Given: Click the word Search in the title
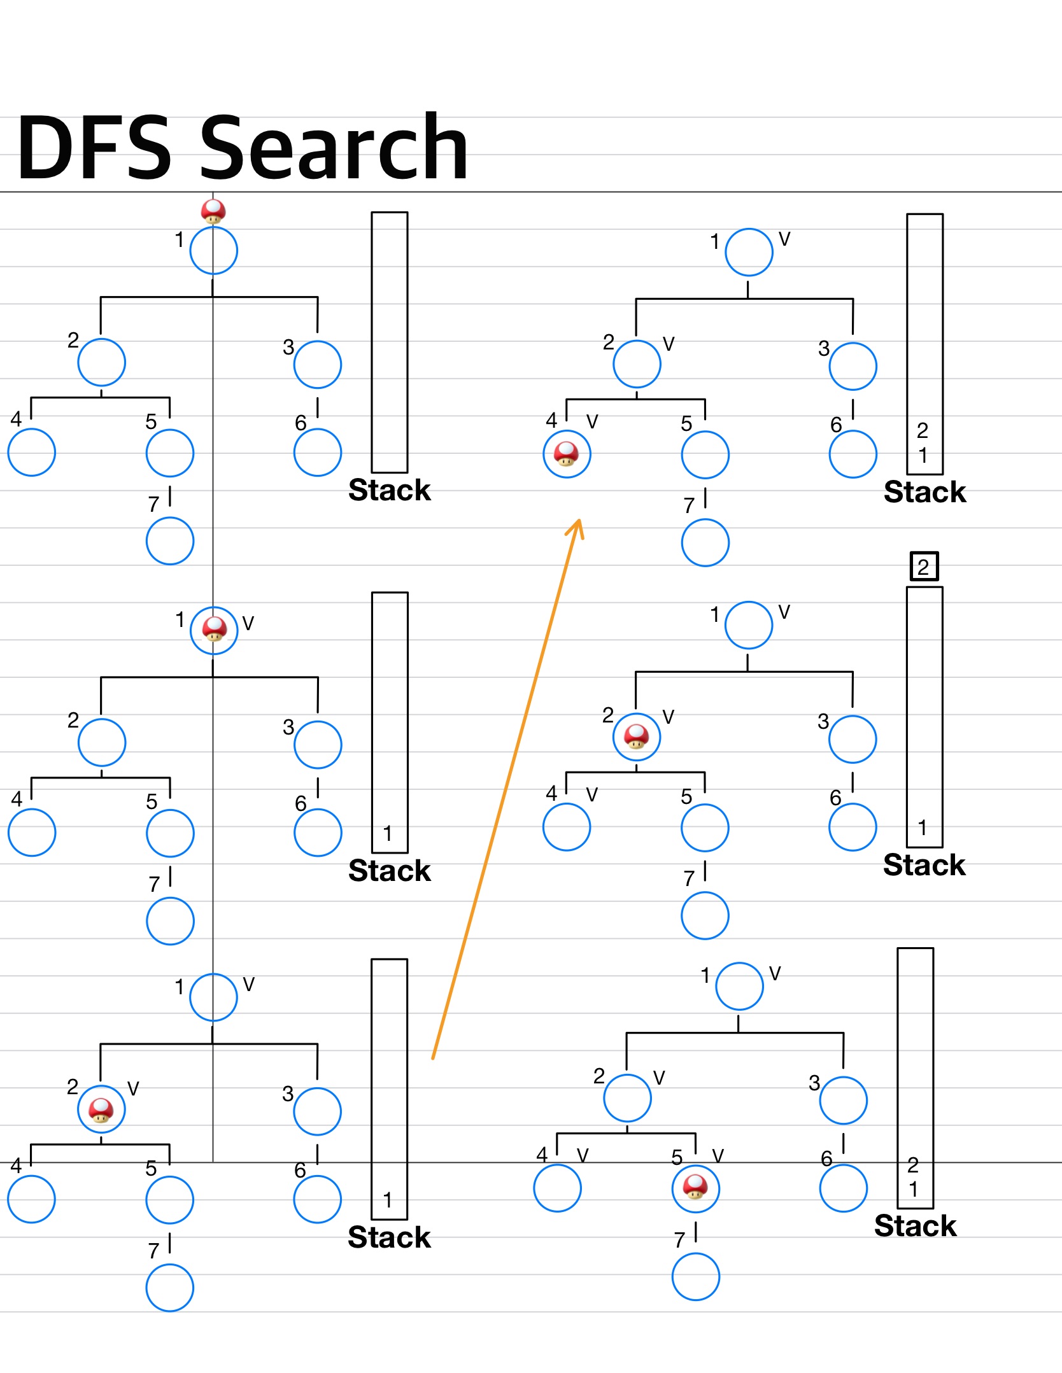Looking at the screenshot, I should click(x=334, y=148).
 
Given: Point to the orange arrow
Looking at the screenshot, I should click(x=507, y=789).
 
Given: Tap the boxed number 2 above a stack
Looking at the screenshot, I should click(x=924, y=566).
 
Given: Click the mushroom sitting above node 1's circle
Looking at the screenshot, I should click(x=213, y=211).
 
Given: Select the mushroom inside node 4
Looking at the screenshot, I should click(x=567, y=454).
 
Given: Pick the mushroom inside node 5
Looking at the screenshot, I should click(x=695, y=1187).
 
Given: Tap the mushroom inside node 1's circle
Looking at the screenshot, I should click(x=214, y=629).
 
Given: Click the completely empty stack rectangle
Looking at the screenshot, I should click(x=390, y=342).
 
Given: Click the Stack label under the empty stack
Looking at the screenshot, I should click(x=390, y=490).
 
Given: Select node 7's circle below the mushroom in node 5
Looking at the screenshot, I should click(x=695, y=1276).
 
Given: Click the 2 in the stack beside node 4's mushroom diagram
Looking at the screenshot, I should click(x=923, y=430).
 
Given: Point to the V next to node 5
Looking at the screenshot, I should click(x=718, y=1156).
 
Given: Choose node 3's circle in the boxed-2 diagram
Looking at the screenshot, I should click(x=853, y=739).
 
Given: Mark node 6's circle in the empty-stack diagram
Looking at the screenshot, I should click(x=318, y=453).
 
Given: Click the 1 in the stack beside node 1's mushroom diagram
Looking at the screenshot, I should click(x=387, y=833).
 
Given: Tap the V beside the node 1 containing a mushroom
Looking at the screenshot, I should click(x=248, y=623).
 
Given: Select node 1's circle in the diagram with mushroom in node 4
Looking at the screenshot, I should click(x=749, y=252).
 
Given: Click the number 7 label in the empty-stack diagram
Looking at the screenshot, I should click(x=153, y=504).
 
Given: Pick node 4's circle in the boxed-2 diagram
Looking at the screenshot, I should click(x=567, y=827).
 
